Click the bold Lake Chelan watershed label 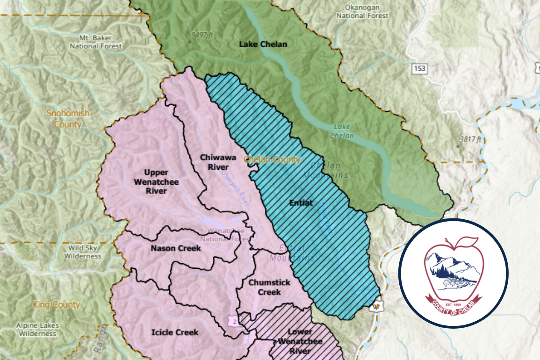(x=263, y=44)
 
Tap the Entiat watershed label (x=301, y=203)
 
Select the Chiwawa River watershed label (x=218, y=162)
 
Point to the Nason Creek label (x=176, y=248)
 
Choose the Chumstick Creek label (x=269, y=287)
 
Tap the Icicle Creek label (x=175, y=332)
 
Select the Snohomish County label (x=68, y=119)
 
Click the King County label (x=56, y=305)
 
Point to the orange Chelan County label (x=272, y=159)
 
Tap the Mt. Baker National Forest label (x=95, y=42)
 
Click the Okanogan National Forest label (x=362, y=12)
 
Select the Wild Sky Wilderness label (x=83, y=252)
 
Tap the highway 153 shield (x=419, y=69)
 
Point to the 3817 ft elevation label (x=470, y=139)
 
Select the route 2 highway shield (x=232, y=321)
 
